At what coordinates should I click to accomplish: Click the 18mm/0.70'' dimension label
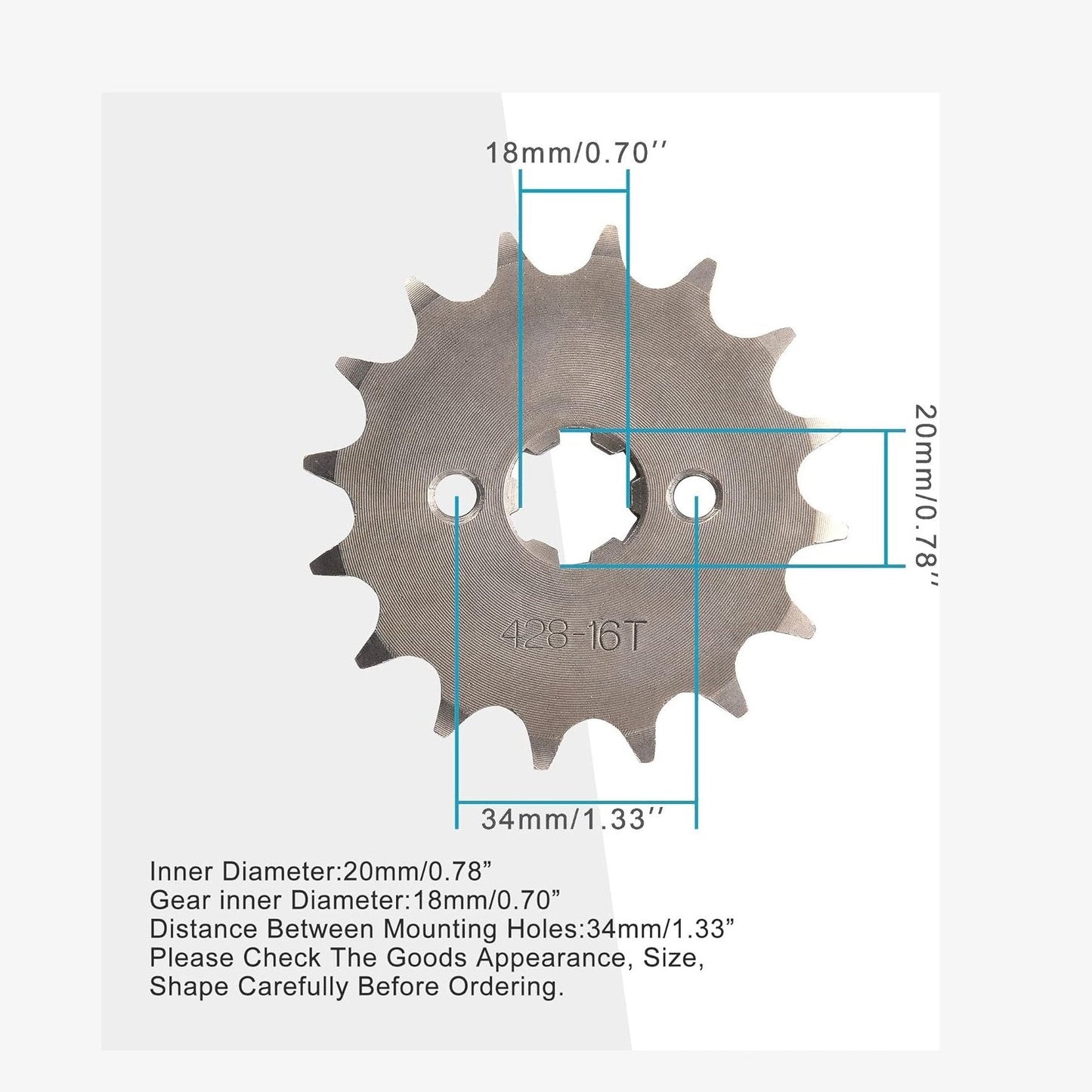tap(577, 153)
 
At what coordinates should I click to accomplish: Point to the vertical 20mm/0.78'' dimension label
tap(925, 496)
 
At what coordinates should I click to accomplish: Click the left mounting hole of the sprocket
tap(456, 496)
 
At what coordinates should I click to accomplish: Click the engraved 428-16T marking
tap(572, 636)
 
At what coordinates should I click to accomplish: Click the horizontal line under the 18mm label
tap(574, 191)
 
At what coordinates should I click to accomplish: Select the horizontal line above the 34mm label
tap(576, 802)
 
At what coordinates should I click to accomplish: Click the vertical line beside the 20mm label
tap(886, 497)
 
